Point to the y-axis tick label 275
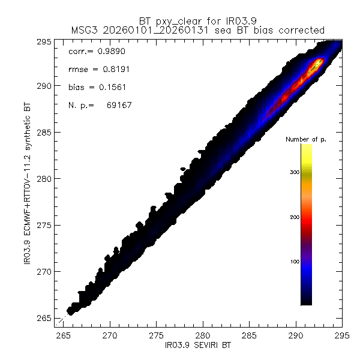pos(45,225)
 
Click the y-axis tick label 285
pos(45,132)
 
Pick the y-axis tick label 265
pos(45,318)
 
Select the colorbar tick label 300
pos(293,172)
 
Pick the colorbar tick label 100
pos(293,262)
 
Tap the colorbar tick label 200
pos(293,217)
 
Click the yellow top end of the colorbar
pos(306,148)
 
